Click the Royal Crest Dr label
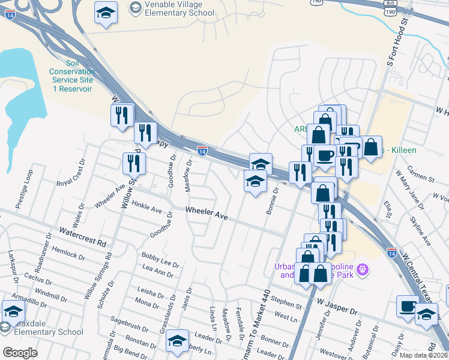tap(71, 178)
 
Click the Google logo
tap(19, 353)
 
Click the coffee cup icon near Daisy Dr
tap(408, 306)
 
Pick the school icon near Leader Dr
tap(177, 341)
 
